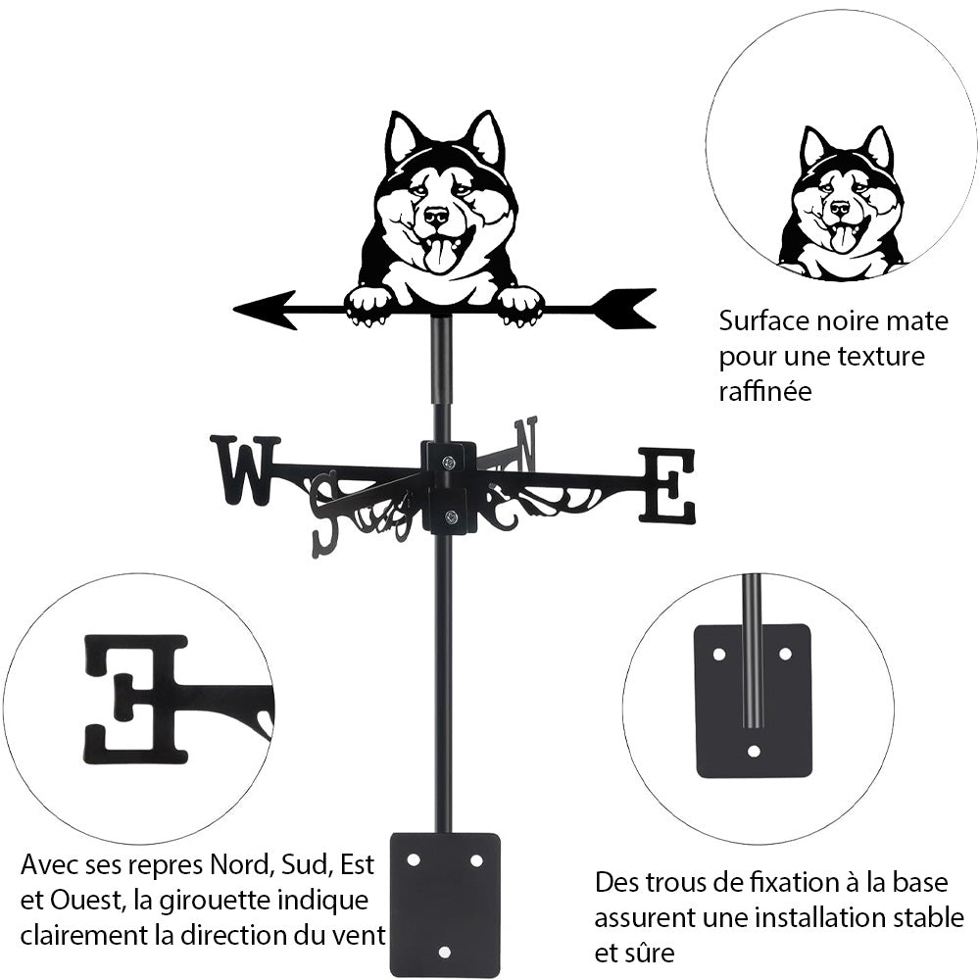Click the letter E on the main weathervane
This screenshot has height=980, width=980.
(667, 485)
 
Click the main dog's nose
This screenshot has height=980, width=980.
(436, 215)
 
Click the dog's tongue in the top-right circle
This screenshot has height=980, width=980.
(842, 238)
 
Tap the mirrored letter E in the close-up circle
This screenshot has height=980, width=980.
(137, 698)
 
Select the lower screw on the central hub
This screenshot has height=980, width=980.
(449, 517)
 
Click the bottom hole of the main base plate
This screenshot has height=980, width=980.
(445, 951)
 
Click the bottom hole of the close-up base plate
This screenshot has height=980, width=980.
(753, 752)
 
